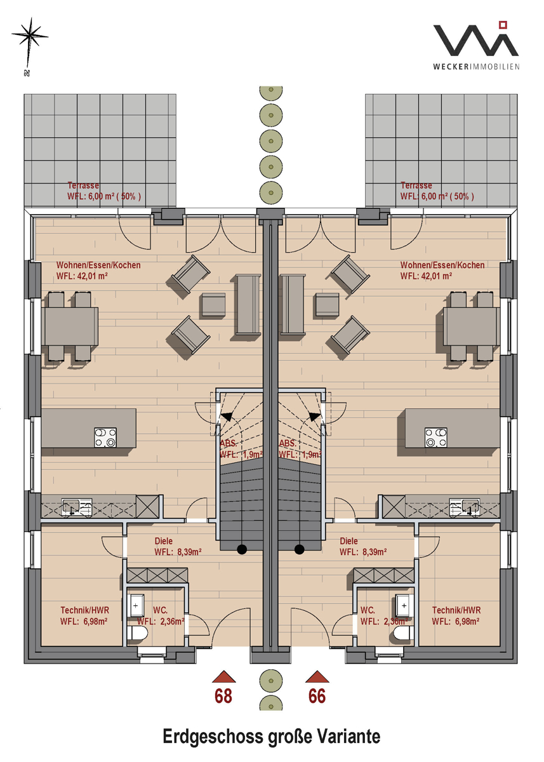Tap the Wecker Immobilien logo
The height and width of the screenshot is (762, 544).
(476, 46)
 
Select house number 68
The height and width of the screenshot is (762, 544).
(223, 696)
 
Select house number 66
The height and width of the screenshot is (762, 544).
(317, 696)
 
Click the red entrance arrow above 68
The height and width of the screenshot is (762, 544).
(223, 677)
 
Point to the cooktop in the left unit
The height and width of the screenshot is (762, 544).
(105, 438)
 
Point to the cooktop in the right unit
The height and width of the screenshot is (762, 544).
(436, 438)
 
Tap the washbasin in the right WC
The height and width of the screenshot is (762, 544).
(404, 606)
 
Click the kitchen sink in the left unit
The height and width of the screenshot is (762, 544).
(77, 507)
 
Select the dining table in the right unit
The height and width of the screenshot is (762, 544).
(471, 326)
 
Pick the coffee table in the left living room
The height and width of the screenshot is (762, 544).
(214, 305)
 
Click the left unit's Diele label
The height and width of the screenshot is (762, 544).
(178, 546)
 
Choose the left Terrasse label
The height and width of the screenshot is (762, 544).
(103, 191)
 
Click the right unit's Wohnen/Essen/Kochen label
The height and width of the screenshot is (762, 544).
(442, 271)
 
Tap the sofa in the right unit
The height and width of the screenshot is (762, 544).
(293, 304)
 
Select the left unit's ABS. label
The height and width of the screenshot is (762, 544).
(228, 444)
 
